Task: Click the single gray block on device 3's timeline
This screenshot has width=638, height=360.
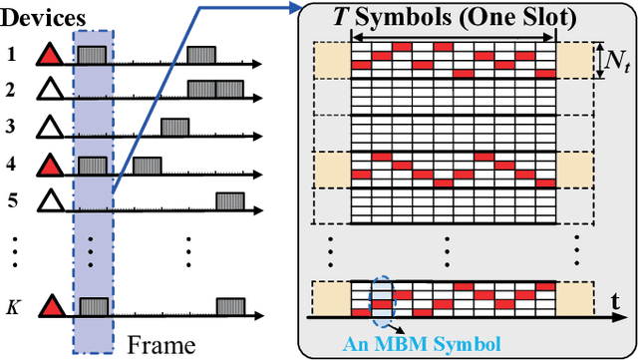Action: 175,127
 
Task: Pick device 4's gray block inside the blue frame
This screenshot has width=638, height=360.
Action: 93,164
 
